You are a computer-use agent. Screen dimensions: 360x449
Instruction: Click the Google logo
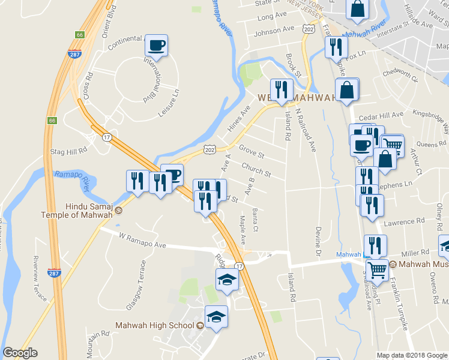[20, 353]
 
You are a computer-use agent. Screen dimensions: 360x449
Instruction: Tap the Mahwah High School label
[154, 326]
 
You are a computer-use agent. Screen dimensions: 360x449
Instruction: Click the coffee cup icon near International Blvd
[156, 44]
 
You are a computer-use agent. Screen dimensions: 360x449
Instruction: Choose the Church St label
[256, 169]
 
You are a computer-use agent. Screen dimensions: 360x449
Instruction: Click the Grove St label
[252, 149]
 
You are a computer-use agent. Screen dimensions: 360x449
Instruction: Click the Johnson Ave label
[274, 29]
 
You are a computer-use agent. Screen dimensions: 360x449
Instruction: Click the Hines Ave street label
[238, 120]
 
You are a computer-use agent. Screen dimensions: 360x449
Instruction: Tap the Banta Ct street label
[256, 220]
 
